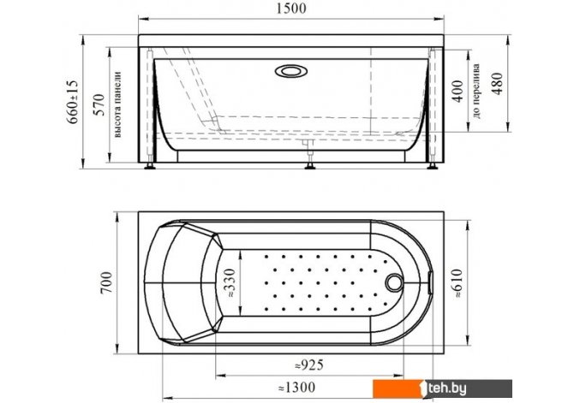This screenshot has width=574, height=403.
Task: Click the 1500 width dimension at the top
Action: pos(291,9)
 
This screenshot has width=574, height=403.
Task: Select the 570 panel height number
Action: pos(99,104)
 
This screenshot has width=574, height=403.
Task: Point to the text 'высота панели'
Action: pos(117,104)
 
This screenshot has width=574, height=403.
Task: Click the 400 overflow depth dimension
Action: pos(457,92)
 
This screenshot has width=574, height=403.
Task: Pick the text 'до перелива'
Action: pos(475,92)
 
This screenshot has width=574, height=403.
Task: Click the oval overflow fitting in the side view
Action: pos(291,71)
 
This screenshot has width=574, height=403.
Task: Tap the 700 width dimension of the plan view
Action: pos(106,282)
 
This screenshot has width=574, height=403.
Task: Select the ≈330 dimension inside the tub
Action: pos(230,282)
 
